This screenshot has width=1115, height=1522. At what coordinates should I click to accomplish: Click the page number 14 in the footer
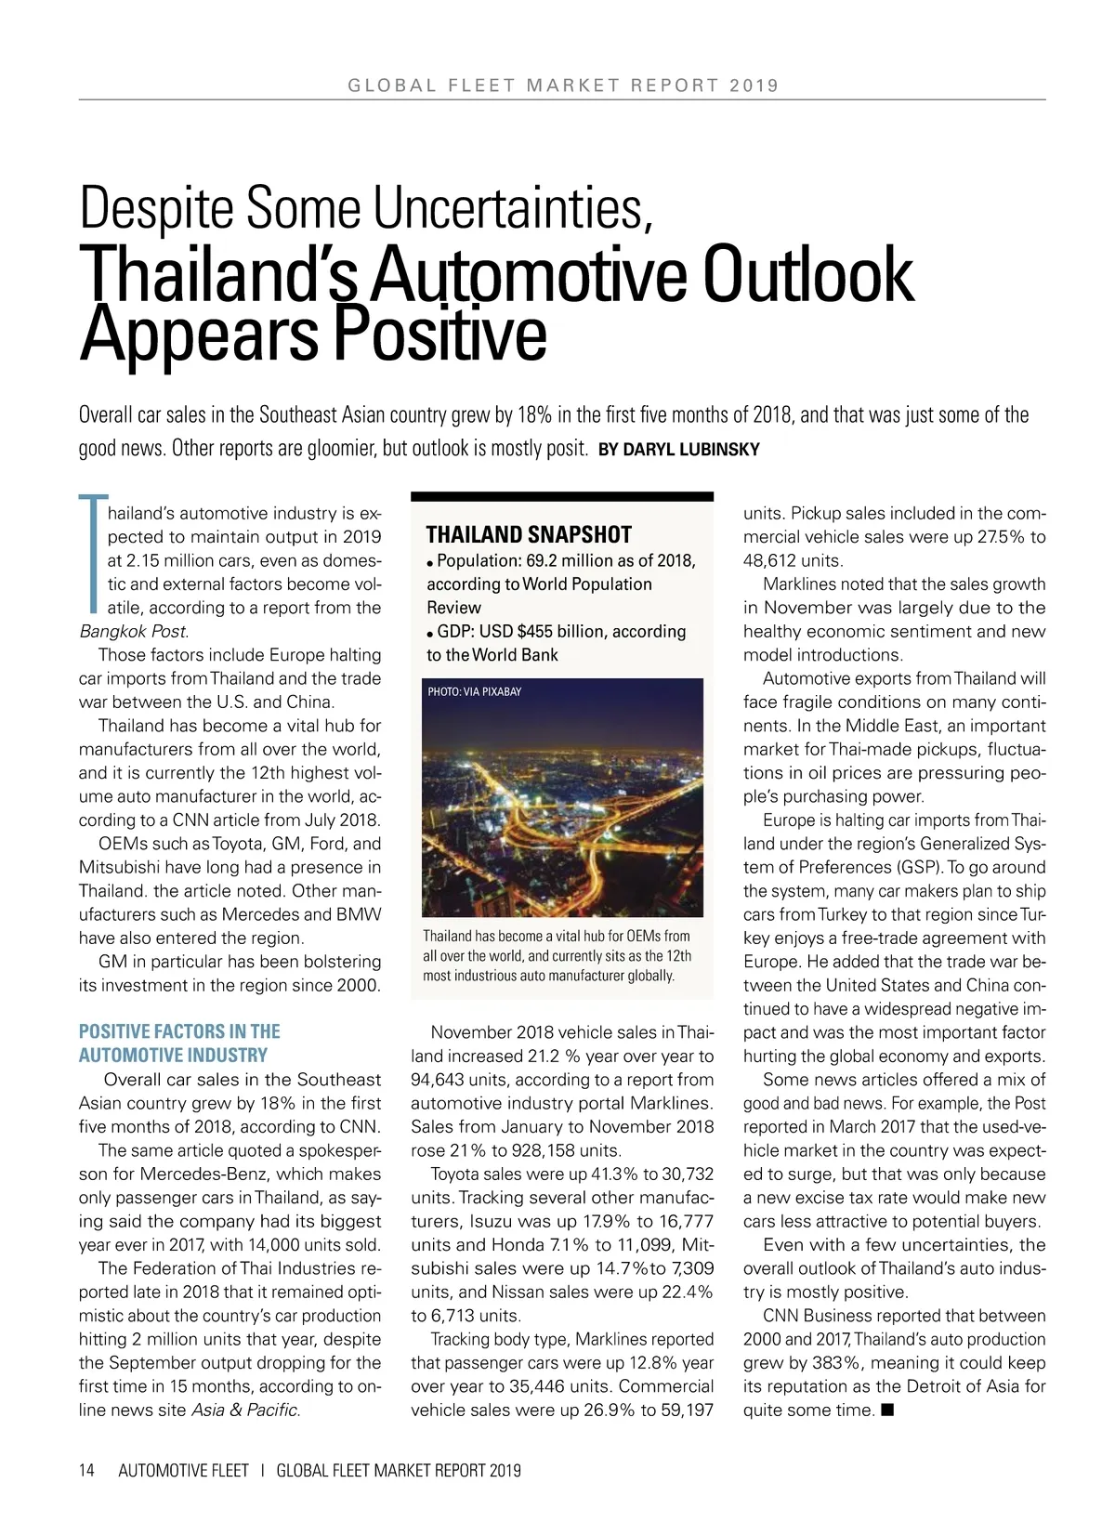(86, 1470)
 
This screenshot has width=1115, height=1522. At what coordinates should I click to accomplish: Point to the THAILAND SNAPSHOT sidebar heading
(529, 534)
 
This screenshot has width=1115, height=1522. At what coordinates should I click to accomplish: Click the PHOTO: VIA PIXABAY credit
(474, 691)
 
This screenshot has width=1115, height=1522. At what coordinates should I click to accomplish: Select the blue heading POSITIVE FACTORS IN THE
(179, 1031)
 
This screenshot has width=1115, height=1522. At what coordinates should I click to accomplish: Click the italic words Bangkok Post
(134, 632)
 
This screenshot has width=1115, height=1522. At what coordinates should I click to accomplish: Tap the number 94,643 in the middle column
(441, 1080)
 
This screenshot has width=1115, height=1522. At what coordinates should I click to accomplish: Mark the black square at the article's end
(887, 1410)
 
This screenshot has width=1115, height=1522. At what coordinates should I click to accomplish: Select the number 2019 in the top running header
(754, 85)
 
